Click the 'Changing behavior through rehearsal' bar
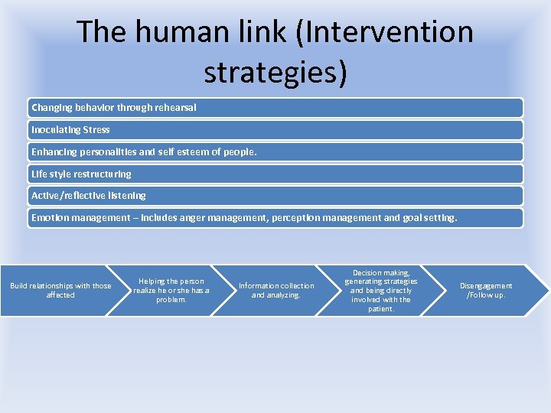[x=275, y=108]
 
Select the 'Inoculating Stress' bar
[x=275, y=130]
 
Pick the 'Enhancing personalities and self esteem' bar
[x=275, y=152]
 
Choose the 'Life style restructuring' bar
[x=275, y=174]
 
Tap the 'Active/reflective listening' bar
[x=275, y=196]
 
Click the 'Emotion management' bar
[x=275, y=218]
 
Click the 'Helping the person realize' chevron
[x=171, y=291]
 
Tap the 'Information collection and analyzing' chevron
[x=276, y=291]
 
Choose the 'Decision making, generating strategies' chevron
[x=381, y=291]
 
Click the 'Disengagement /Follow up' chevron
[x=486, y=291]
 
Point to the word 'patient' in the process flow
[x=380, y=309]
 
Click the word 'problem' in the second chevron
[x=171, y=300]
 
